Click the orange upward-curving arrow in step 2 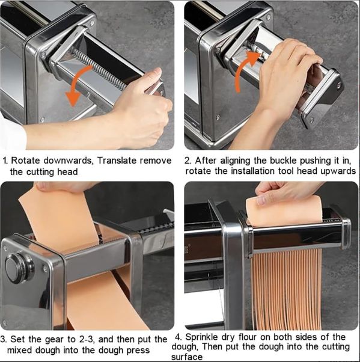tap(242, 69)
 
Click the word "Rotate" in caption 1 tap(25, 161)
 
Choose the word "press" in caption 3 tap(138, 351)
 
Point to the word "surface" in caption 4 tap(187, 357)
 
